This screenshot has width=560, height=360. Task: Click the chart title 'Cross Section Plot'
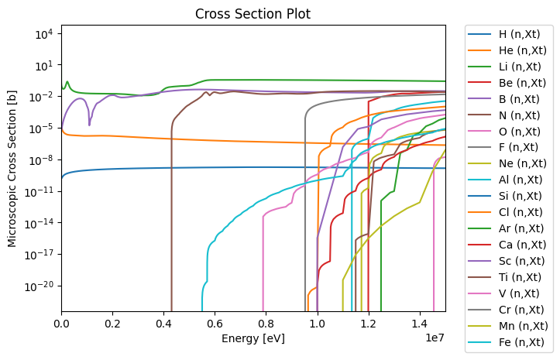coord(253,14)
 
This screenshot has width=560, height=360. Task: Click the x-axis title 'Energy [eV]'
coord(253,339)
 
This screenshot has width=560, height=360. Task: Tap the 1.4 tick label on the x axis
coord(420,323)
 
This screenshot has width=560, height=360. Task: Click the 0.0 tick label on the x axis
coord(62,323)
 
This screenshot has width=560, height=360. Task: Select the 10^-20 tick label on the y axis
coord(39,286)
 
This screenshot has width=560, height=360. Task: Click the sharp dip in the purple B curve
coord(89,125)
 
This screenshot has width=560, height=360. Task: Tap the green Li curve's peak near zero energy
coord(67,81)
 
